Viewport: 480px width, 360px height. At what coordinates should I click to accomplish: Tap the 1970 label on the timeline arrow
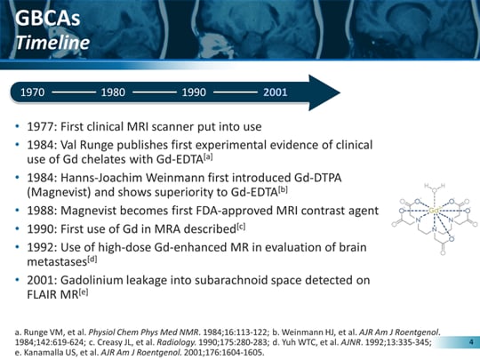pyautogui.click(x=33, y=92)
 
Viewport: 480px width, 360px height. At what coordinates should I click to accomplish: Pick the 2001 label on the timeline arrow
pyautogui.click(x=275, y=92)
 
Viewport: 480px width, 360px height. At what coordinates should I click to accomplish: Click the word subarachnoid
pyautogui.click(x=236, y=279)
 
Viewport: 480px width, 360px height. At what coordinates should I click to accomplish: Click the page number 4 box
pyautogui.click(x=468, y=340)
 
